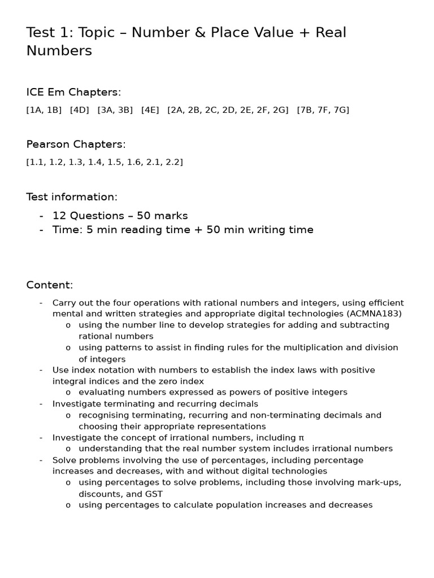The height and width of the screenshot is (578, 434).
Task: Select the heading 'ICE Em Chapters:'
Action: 73,92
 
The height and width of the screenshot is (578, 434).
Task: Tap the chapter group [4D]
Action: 80,110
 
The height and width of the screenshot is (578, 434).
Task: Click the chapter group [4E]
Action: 150,110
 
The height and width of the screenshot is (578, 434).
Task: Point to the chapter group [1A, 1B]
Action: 44,110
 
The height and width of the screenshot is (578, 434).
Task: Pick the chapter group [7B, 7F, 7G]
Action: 323,110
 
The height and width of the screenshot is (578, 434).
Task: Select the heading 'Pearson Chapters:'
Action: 76,144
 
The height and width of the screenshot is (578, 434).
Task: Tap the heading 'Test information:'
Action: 72,197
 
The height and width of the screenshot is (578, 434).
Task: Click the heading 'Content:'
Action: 50,285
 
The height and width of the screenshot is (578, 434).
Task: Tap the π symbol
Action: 301,437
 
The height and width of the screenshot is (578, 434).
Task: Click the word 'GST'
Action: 153,494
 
